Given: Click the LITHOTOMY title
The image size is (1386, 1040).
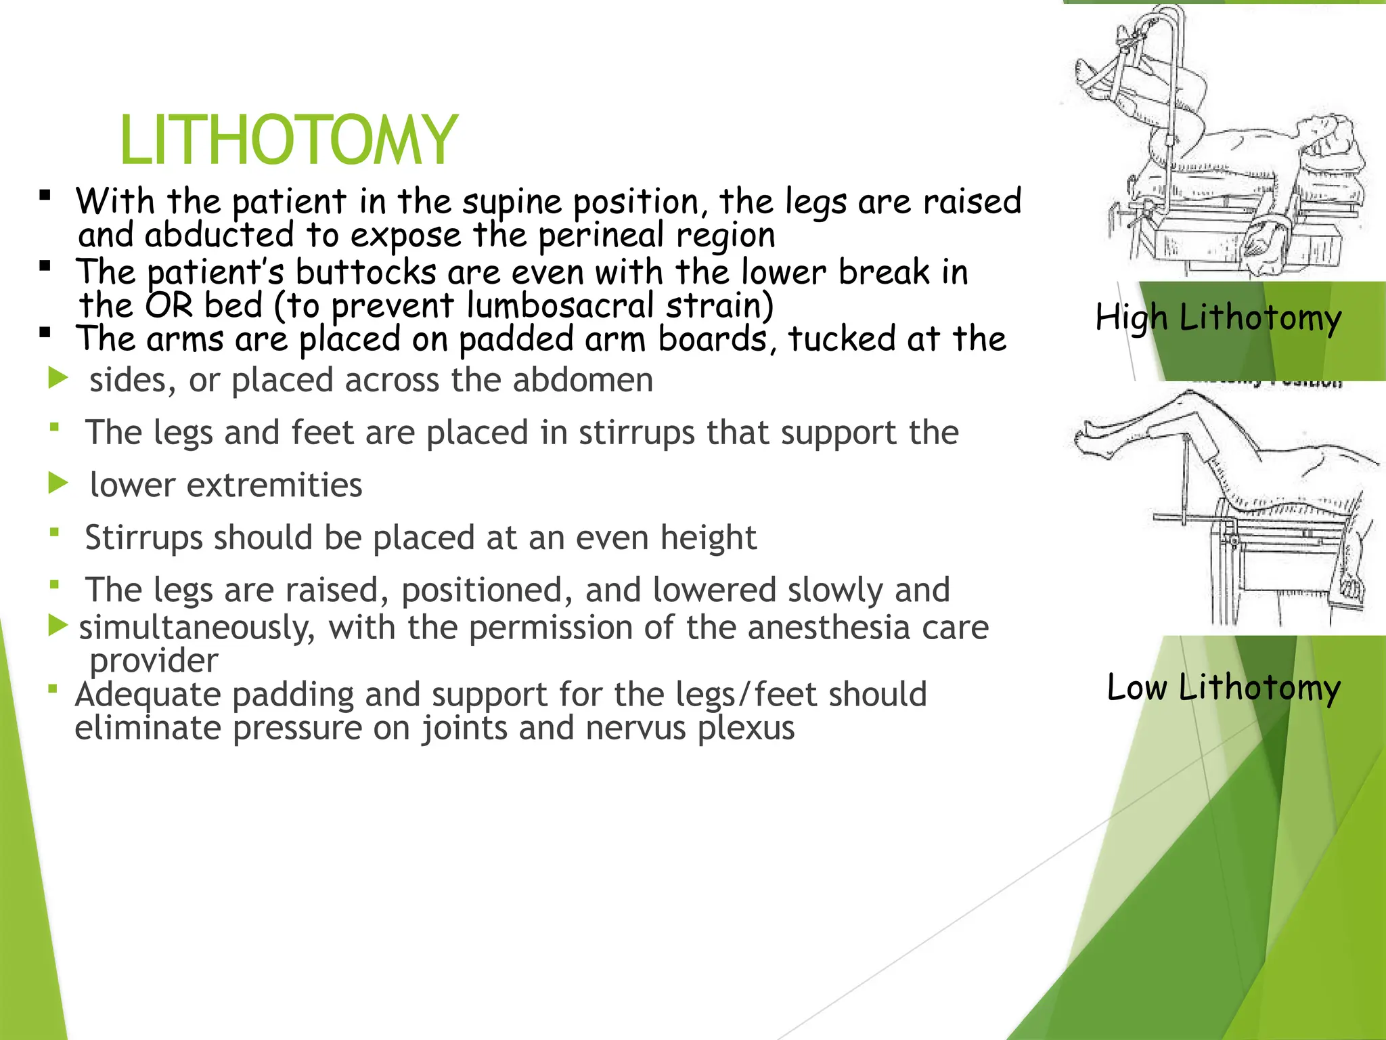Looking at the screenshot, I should click(289, 140).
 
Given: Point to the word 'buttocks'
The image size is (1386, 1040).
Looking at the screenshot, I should click(365, 272).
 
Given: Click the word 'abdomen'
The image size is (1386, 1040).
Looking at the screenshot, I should click(583, 380).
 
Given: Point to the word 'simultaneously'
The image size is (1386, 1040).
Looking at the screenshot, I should click(197, 628).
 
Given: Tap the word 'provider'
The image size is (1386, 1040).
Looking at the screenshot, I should click(154, 660).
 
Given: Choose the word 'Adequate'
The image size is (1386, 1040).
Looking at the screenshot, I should click(148, 695).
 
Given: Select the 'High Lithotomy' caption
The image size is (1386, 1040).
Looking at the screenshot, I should click(1218, 318).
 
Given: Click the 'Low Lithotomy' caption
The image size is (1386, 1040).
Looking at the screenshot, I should click(1224, 688).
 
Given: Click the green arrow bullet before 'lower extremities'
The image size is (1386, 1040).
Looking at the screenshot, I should click(59, 484).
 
